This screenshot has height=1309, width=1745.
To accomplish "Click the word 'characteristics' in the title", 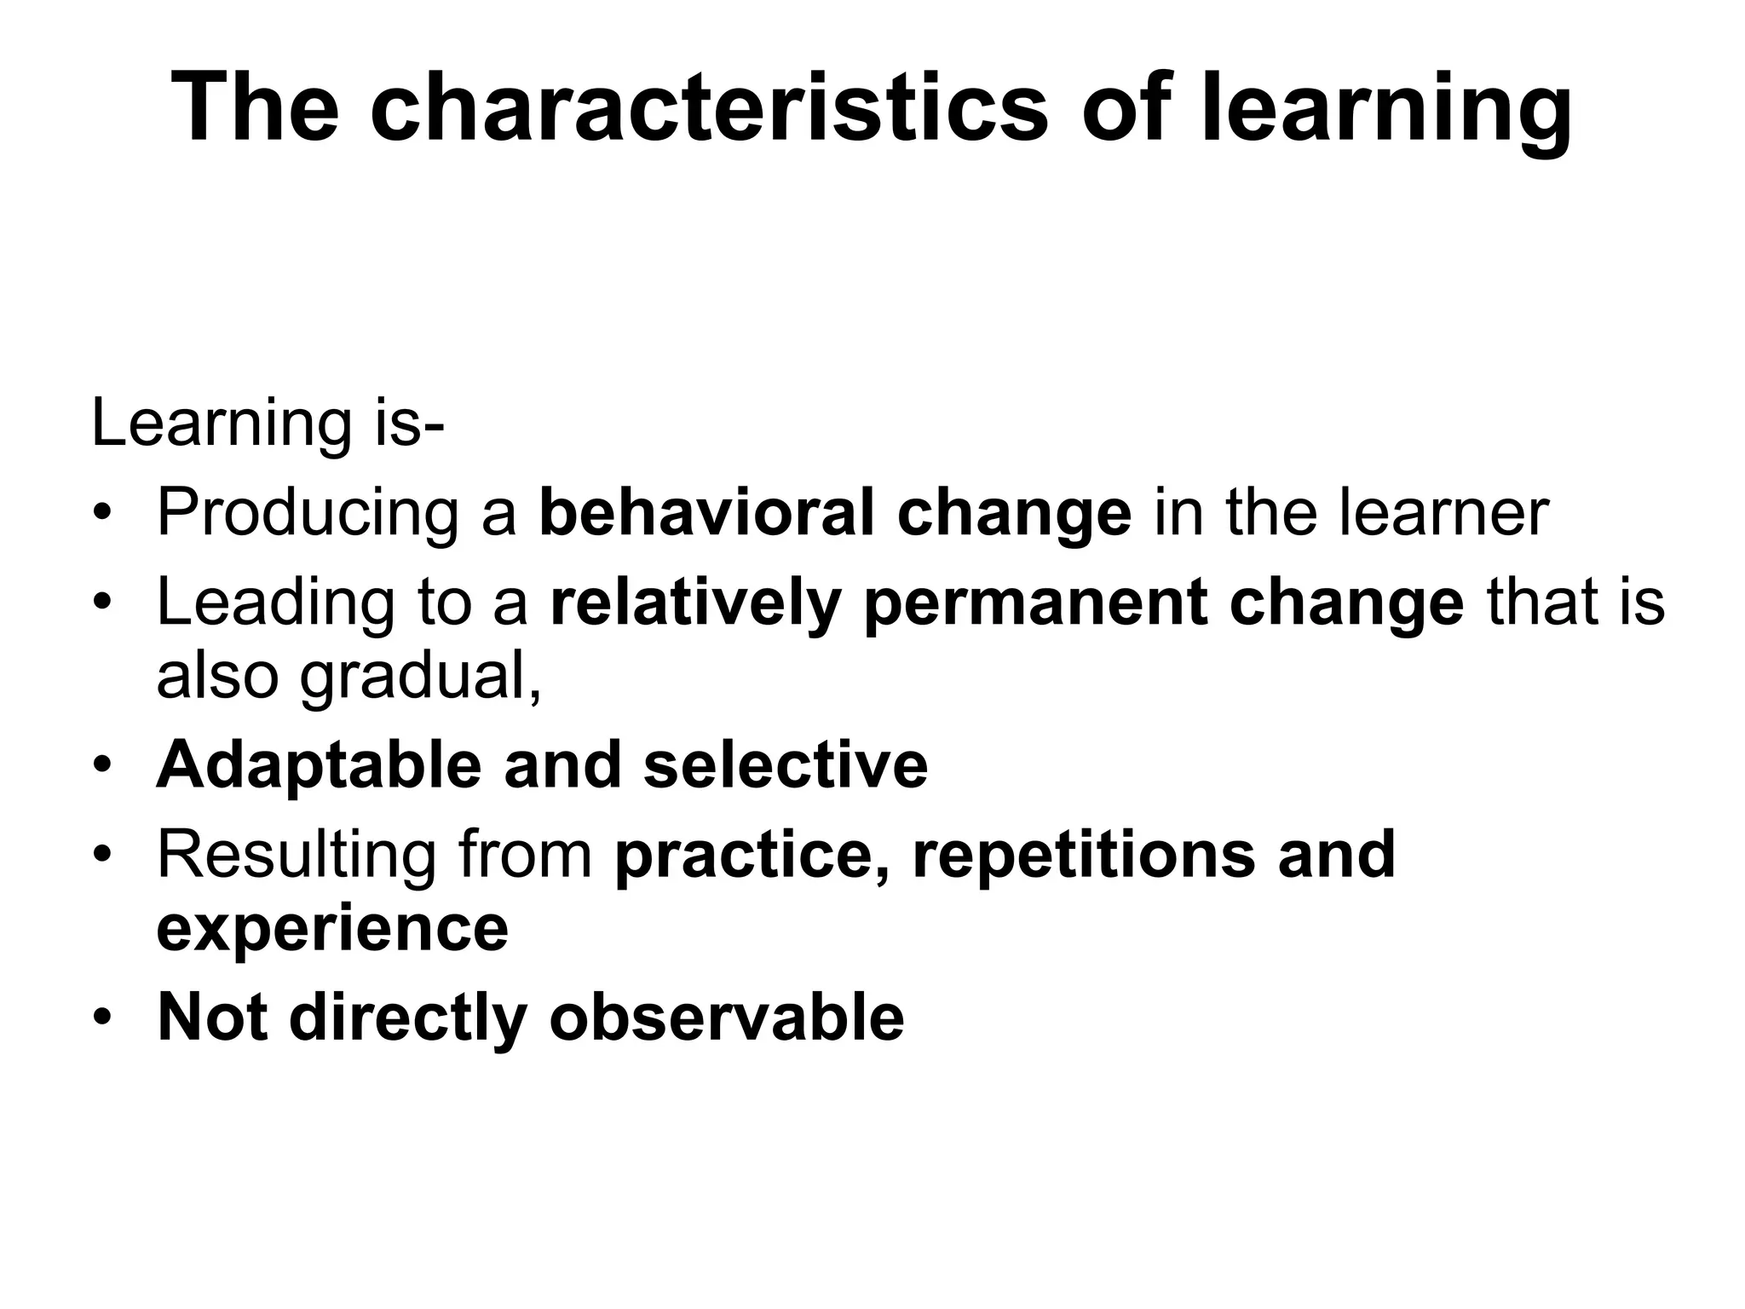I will [x=708, y=109].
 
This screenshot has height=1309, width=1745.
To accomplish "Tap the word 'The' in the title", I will [x=256, y=109].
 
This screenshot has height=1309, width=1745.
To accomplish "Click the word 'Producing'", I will [x=307, y=514].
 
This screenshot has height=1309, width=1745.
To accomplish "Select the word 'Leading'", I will [x=276, y=603].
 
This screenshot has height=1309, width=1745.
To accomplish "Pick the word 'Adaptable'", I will [x=319, y=764].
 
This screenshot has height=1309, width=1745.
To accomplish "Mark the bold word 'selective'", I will [x=785, y=764].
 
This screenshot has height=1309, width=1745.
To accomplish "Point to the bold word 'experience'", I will [x=332, y=929].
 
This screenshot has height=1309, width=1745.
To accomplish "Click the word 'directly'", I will [x=408, y=1017].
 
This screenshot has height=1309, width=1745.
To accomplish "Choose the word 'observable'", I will [x=726, y=1017].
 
